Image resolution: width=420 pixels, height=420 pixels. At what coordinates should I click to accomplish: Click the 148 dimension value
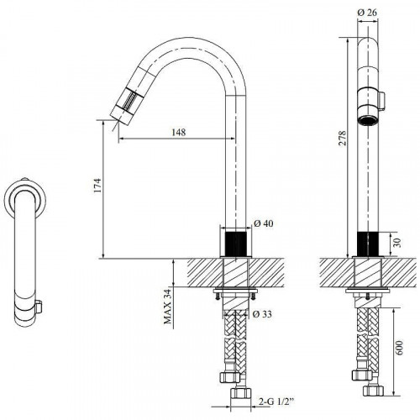pos(178,132)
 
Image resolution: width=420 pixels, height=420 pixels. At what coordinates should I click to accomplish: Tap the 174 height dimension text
pos(97,185)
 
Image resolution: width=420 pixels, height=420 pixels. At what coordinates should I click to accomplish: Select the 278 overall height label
pos(342,138)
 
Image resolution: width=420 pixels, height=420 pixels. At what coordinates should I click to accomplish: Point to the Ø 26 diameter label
pos(367,13)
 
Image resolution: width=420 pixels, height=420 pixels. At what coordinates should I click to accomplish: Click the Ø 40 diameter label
pos(264,223)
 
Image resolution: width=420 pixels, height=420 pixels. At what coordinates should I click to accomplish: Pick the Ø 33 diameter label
pos(262,314)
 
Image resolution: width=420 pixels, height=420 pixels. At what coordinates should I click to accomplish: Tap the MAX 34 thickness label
pos(167,306)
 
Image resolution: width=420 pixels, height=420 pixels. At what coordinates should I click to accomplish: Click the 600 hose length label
pos(399,348)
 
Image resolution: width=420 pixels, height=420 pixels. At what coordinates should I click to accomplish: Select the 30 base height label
pos(396,243)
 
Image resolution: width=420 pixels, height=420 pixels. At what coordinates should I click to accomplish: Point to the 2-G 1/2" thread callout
pos(276,402)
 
